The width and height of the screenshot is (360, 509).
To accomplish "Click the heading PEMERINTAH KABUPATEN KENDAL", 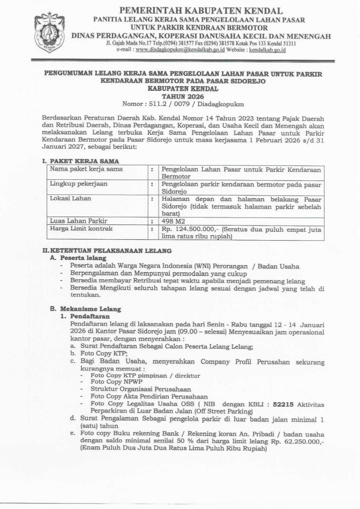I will (201, 10).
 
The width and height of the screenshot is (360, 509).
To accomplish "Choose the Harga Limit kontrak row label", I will (81, 229).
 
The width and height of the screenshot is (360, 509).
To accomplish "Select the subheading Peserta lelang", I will (83, 258).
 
